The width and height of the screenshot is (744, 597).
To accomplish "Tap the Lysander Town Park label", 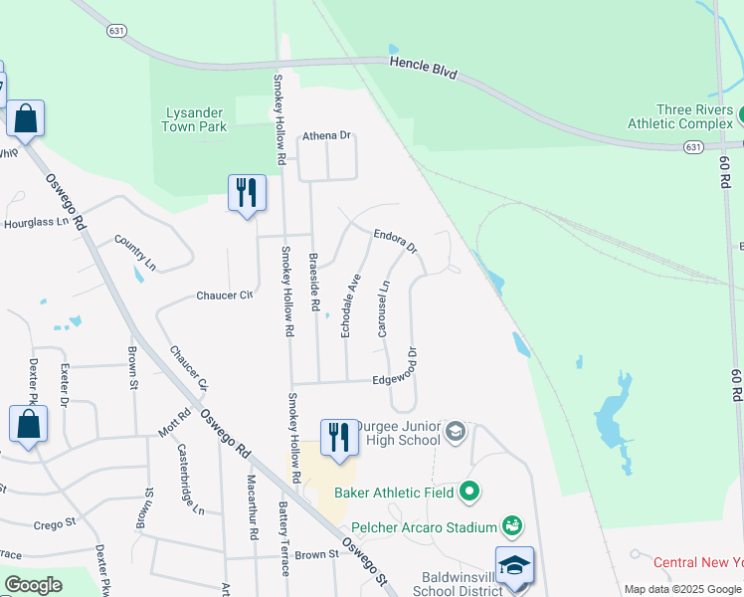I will [x=195, y=119].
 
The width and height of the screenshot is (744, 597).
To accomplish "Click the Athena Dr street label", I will [x=327, y=135].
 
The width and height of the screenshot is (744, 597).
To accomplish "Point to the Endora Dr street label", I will [x=395, y=240].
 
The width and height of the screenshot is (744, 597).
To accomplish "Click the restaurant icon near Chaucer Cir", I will [x=247, y=193].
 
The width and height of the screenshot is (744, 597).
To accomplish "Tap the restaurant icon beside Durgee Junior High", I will [x=339, y=438].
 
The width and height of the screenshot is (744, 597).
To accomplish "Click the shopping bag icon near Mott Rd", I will [x=28, y=424].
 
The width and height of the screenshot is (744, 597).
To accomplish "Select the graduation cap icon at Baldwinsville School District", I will [x=514, y=566].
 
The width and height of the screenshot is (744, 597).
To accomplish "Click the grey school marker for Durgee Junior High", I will [x=456, y=431].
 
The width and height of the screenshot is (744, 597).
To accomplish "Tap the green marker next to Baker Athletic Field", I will [x=470, y=492].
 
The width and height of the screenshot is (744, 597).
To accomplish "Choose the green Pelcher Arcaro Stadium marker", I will [x=512, y=524].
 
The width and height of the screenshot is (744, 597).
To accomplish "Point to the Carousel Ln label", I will [x=383, y=307].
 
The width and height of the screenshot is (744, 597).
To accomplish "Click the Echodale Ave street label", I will [x=350, y=304].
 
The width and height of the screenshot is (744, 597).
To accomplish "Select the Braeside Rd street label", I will [x=313, y=281].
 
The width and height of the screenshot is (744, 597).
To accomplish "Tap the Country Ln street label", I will [x=135, y=253].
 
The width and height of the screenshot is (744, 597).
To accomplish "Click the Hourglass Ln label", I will [x=35, y=222].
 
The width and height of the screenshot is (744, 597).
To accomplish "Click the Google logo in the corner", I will [x=33, y=585].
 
